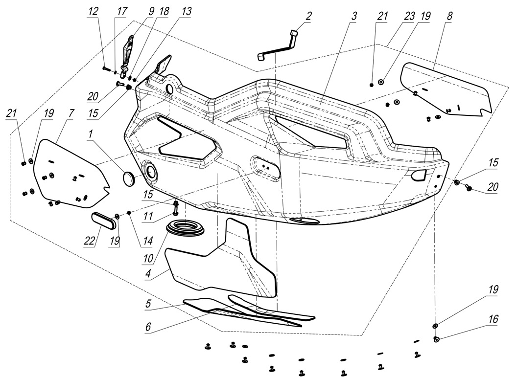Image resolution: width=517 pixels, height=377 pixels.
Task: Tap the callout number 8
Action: (449, 16)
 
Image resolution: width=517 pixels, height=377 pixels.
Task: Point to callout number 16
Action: (493, 319)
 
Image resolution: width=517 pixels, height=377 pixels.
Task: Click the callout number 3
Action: (353, 16)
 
